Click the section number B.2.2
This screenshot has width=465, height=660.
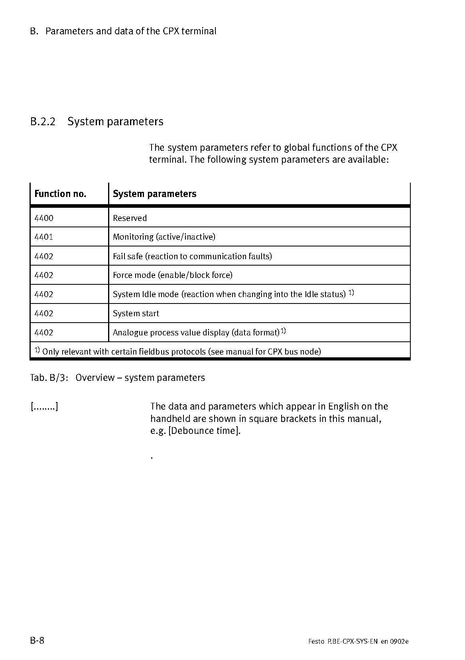[43, 122]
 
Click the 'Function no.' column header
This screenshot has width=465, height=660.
[60, 194]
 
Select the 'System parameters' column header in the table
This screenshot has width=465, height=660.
[154, 194]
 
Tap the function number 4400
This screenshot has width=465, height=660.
[44, 218]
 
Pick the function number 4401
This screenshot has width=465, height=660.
[44, 237]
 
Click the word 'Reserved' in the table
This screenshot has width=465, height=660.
[130, 218]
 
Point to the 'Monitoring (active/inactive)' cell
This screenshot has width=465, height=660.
[164, 237]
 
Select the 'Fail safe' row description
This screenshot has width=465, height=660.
[192, 256]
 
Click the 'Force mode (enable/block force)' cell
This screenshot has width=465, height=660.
[172, 275]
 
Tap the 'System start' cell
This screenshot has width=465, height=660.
[136, 313]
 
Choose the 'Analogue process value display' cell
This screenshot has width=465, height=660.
[196, 333]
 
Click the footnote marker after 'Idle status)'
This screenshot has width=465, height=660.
[351, 293]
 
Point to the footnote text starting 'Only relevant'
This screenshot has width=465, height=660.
[181, 351]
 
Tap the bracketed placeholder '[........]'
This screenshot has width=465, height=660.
[44, 407]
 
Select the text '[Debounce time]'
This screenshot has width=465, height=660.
[205, 431]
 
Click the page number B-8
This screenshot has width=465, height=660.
[37, 641]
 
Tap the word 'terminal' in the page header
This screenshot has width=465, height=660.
[199, 31]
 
